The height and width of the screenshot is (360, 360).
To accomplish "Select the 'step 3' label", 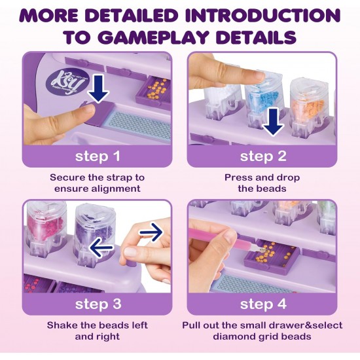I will click(98, 304).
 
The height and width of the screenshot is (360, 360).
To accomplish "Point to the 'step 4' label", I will click(262, 304).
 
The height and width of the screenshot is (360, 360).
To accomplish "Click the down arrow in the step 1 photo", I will click(98, 89).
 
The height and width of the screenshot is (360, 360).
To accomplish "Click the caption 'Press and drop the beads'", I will click(262, 183).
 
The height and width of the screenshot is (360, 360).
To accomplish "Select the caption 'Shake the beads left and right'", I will click(98, 331).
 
